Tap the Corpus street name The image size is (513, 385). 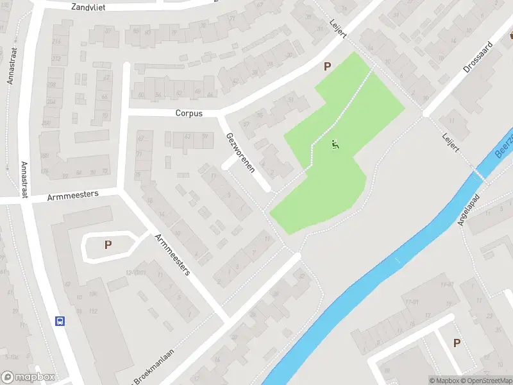coord(189,113)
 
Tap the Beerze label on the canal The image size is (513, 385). coord(504,147)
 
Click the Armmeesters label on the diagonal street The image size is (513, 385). coord(172,255)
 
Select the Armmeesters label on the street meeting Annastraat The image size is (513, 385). coord(72,196)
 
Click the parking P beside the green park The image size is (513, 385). coord(328,66)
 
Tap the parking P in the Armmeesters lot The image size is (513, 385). coord(108,244)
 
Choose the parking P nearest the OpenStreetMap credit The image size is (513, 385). coord(457,343)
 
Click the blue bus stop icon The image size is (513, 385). coord(60,321)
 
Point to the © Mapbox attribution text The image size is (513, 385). coord(444,380)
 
